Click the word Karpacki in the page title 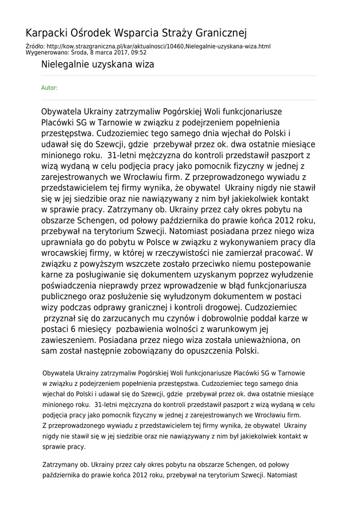pos(46,33)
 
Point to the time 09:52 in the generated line pos(139,52)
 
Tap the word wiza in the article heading pos(144,64)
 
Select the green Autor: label pos(49,88)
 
